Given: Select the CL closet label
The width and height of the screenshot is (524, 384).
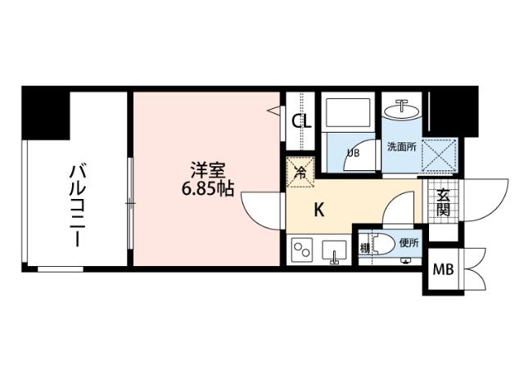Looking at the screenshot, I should pos(301,121).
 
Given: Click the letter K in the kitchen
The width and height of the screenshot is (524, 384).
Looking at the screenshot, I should pos(319,210).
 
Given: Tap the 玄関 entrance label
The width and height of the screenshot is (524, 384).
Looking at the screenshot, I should pos(442,202).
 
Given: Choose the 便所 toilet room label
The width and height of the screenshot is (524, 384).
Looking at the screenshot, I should pos(409,243).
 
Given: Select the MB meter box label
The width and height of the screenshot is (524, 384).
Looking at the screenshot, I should pos(442,269).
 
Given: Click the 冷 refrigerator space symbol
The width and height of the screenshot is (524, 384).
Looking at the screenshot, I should pos(300,173).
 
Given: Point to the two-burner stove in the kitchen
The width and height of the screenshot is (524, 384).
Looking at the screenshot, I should pos(302,250).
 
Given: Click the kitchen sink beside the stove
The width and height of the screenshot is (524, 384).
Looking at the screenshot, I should pos(334,251).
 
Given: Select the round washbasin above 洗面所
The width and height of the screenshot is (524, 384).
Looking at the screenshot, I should pos(402,109).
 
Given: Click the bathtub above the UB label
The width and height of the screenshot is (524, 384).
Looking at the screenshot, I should pos(348,113).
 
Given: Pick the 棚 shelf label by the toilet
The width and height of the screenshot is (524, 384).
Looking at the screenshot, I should pos(364,245).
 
